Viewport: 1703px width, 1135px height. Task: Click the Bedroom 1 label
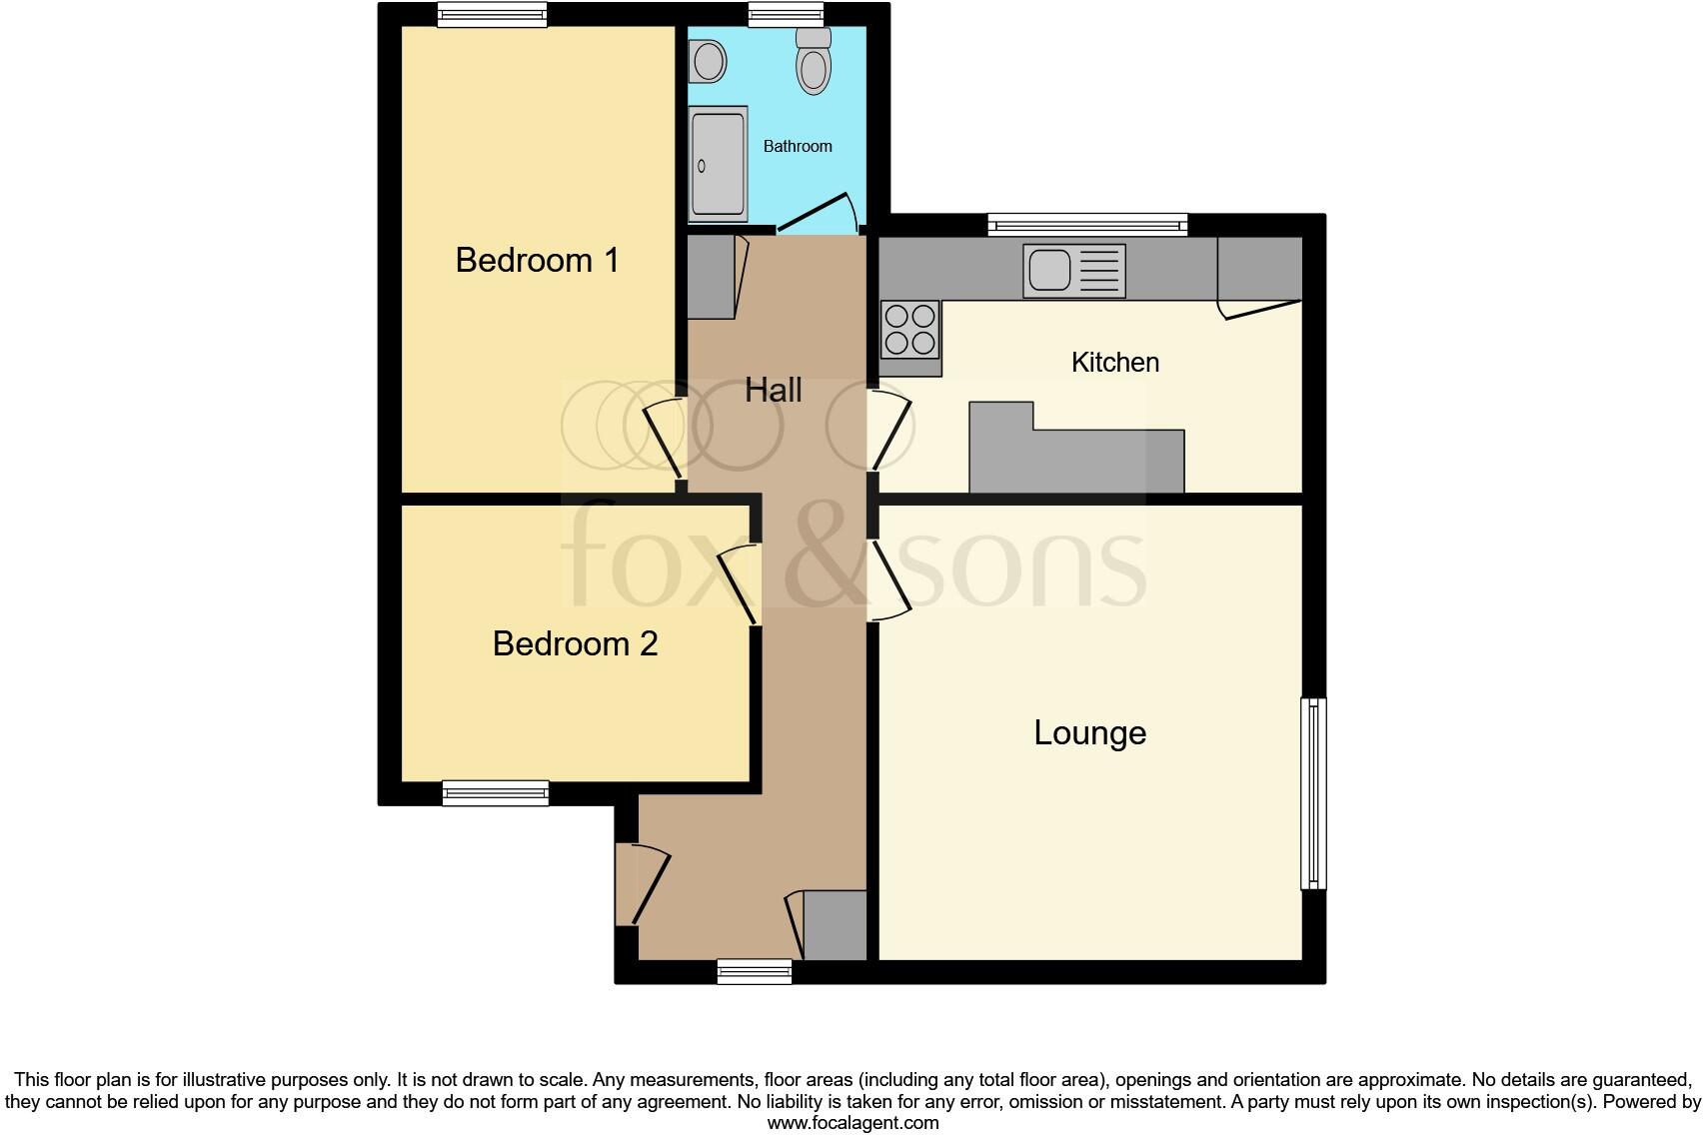click(537, 260)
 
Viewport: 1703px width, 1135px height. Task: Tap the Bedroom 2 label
click(575, 643)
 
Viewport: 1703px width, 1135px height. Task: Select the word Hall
click(773, 390)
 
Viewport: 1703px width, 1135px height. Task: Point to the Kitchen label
click(1114, 362)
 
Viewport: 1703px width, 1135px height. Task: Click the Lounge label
click(1089, 732)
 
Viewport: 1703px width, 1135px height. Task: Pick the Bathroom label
click(798, 146)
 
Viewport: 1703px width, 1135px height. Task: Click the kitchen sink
click(1073, 271)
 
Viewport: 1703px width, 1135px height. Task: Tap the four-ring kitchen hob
click(909, 330)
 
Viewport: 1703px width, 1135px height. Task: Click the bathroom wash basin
click(709, 60)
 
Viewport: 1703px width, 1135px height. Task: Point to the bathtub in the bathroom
click(718, 164)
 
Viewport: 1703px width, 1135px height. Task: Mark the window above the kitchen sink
click(1087, 223)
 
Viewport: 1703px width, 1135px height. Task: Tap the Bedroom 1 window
click(493, 14)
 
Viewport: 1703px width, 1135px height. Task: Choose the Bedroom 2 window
click(496, 793)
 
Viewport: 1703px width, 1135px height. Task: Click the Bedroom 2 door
click(741, 585)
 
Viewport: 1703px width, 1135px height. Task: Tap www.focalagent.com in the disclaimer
click(852, 1122)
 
